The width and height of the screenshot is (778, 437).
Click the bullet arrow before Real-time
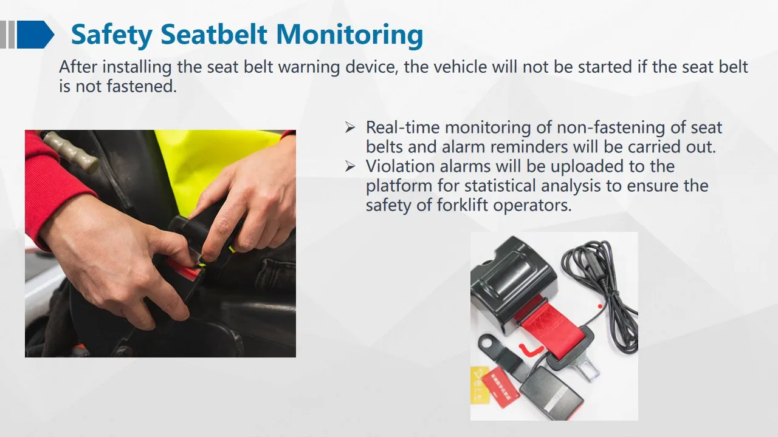(x=349, y=127)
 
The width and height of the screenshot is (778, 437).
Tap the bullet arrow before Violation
(x=349, y=166)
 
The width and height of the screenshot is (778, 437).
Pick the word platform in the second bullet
(x=399, y=186)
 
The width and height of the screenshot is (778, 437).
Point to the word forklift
(x=463, y=205)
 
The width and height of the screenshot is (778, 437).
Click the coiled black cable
(x=602, y=273)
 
